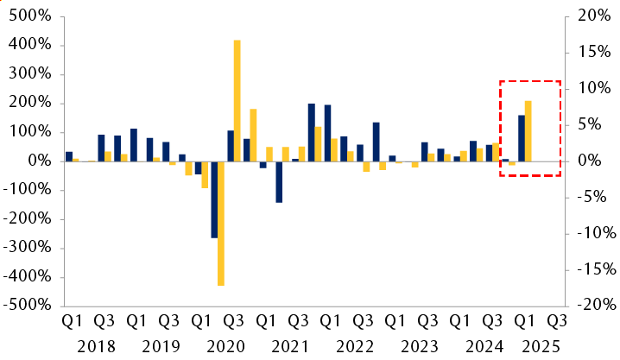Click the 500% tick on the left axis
click(28, 16)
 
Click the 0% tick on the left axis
click(39, 161)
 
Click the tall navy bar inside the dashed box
click(522, 138)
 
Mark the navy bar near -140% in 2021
click(279, 181)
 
